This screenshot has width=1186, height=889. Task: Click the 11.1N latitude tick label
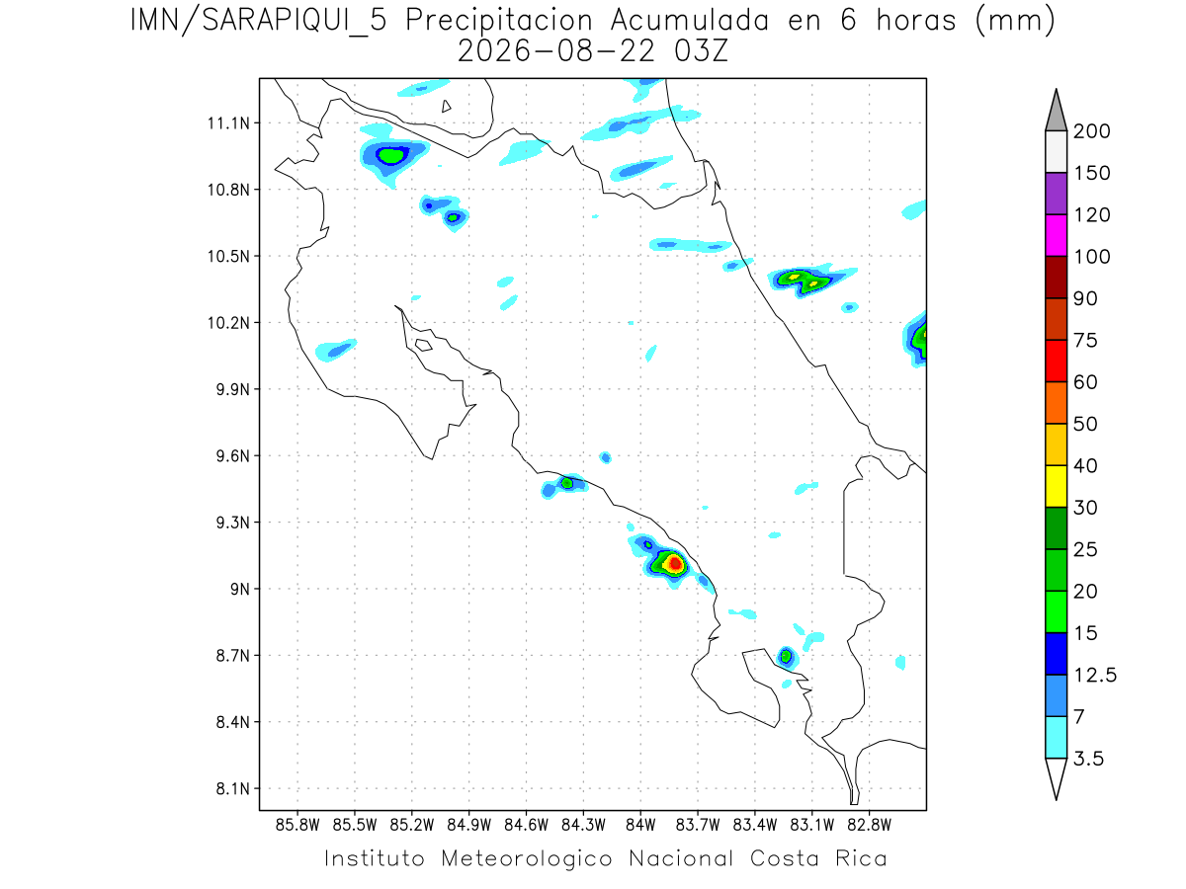point(228,123)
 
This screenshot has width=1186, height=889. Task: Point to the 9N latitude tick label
point(240,589)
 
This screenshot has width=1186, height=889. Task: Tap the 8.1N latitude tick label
point(233,788)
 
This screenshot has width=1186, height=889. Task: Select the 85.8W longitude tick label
point(297,825)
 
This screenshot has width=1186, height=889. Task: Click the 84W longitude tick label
point(640,825)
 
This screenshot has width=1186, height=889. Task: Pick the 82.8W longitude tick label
point(869,825)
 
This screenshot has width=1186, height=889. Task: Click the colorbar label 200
point(1091,131)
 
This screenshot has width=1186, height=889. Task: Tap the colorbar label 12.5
point(1095,676)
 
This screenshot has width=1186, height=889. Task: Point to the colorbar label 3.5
point(1088,759)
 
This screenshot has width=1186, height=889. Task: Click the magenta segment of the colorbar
point(1056,235)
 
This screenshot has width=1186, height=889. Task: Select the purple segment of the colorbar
point(1056,194)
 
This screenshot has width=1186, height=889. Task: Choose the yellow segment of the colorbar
point(1056,486)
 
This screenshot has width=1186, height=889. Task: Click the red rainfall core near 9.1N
point(675,564)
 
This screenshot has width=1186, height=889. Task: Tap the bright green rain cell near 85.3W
point(390,156)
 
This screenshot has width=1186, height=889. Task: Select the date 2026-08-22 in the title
point(556,52)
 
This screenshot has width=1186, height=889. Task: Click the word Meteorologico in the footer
point(526,858)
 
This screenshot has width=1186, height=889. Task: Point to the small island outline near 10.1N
point(424,345)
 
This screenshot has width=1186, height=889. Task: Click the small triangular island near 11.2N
point(446,106)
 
